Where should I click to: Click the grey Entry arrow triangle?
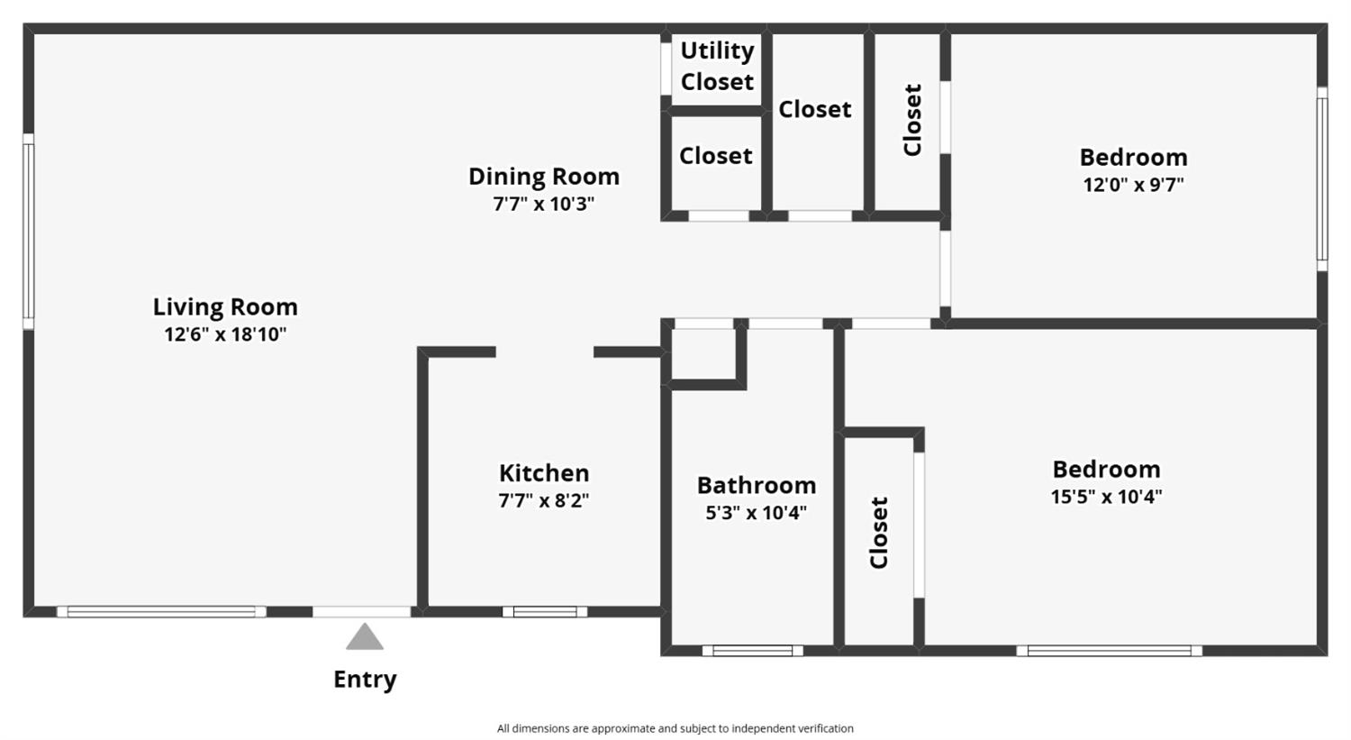point(365,638)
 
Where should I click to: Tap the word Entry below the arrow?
point(365,679)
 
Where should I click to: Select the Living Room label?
point(225,306)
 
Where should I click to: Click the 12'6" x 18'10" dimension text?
point(225,334)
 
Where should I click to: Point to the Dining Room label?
point(543,176)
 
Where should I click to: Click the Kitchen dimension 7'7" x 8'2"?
point(543,500)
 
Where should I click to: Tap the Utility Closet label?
point(717,66)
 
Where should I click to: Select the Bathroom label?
point(757,485)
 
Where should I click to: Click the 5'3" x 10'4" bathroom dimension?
point(757,513)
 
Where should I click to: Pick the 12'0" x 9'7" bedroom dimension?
point(1133,185)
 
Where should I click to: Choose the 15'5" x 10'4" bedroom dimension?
point(1106,497)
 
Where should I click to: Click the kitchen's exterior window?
point(545,612)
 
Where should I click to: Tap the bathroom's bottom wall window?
point(753,650)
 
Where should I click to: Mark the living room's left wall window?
point(28,232)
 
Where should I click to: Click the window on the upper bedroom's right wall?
point(1321,178)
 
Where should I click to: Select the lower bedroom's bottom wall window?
point(1109,650)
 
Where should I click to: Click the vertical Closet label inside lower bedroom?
point(879,532)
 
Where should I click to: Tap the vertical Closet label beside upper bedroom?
point(912,120)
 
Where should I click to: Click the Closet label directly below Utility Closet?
point(716,156)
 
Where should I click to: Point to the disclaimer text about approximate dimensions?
point(675,728)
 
